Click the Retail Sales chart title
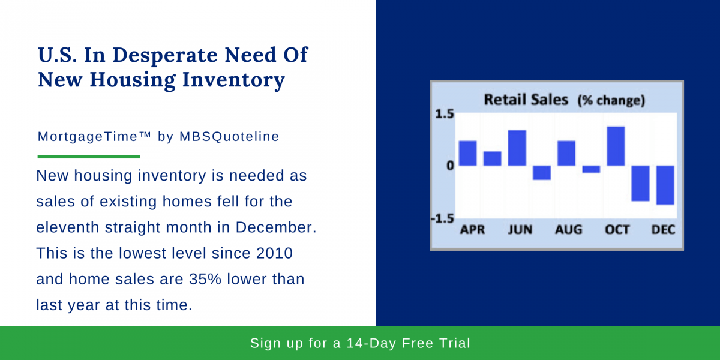tap(526, 100)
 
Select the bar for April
tap(467, 153)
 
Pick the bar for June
tap(517, 148)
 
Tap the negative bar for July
tap(541, 173)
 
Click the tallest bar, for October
tap(616, 146)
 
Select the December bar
tap(665, 185)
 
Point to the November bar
tap(640, 183)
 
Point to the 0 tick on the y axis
tap(449, 166)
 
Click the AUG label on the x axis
tap(568, 230)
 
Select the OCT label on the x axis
tap(617, 230)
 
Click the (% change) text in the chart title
tap(611, 101)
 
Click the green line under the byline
tap(89, 157)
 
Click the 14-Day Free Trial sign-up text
tap(360, 344)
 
